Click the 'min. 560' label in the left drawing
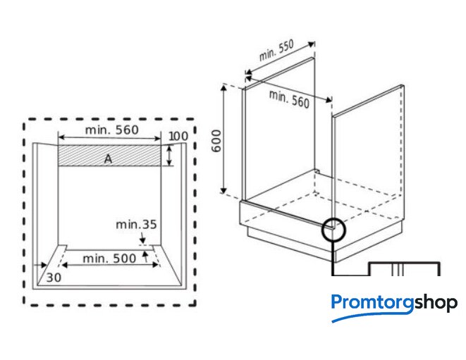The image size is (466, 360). (112, 130)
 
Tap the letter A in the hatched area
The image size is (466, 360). (108, 159)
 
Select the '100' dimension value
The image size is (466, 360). (178, 137)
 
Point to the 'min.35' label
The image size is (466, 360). (136, 225)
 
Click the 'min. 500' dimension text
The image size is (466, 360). (109, 259)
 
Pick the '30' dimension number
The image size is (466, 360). (54, 278)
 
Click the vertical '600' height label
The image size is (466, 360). (217, 141)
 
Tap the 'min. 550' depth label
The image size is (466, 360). (276, 50)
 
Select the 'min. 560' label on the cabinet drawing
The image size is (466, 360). (289, 99)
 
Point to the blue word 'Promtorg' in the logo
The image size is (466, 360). (372, 303)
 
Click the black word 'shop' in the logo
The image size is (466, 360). (436, 304)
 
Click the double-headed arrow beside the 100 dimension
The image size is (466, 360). (169, 156)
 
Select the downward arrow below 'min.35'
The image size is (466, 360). (142, 238)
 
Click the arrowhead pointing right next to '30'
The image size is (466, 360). (44, 266)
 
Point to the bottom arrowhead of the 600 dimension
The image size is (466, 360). (223, 190)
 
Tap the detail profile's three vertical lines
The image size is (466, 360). (398, 269)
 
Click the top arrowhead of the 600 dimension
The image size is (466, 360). (223, 88)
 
